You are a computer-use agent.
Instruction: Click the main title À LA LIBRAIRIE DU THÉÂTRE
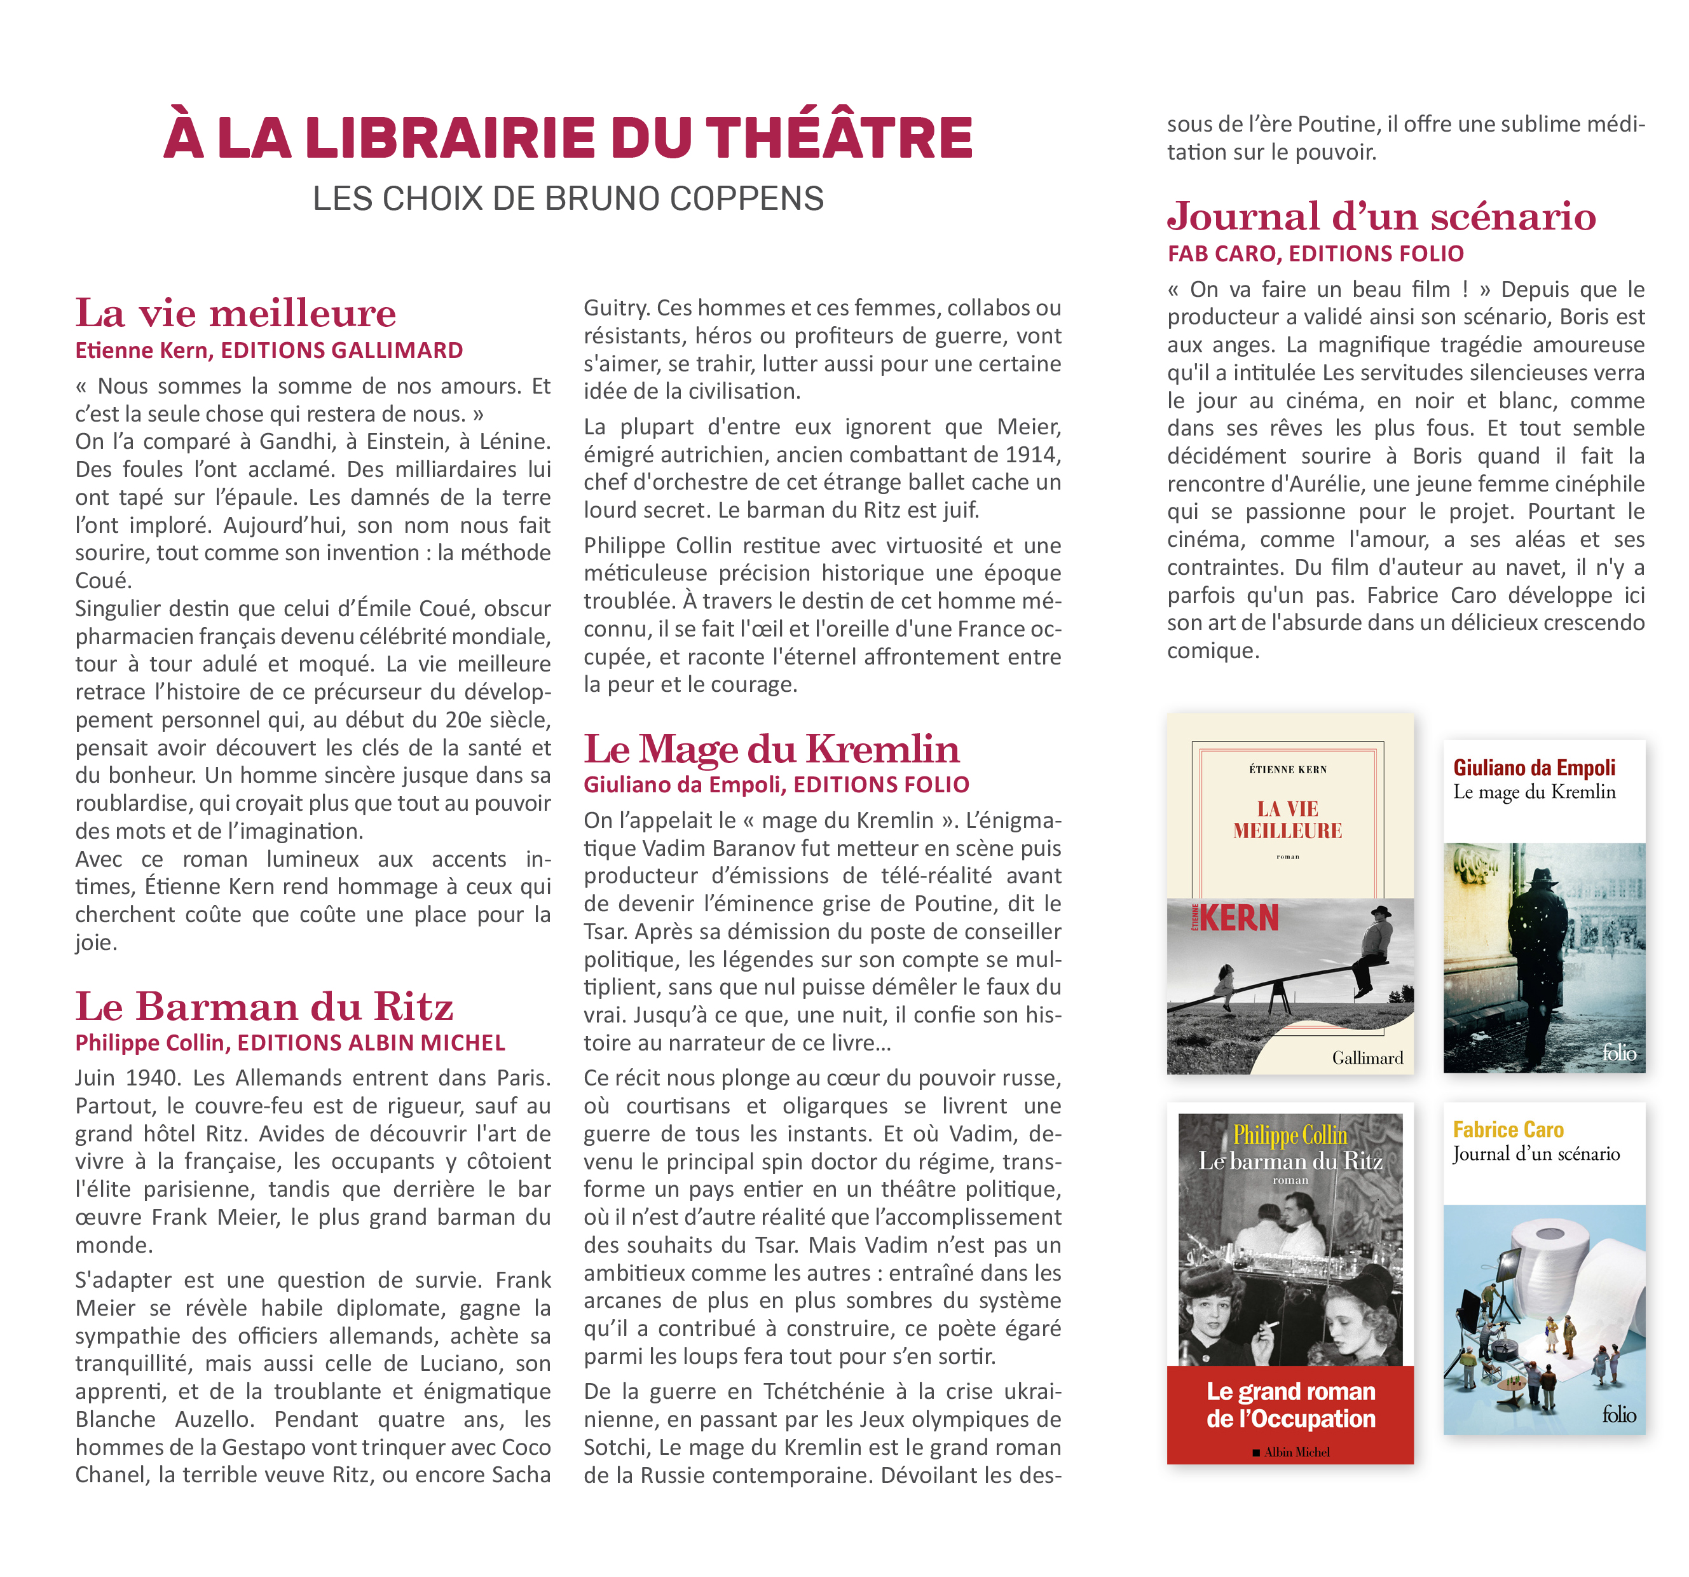[x=568, y=137]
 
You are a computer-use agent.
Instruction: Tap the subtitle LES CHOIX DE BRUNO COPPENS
[x=568, y=199]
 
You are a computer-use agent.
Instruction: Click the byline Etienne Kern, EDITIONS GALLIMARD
[x=268, y=350]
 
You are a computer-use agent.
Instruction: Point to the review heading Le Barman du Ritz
[x=264, y=1007]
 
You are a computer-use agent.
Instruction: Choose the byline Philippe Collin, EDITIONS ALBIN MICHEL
[x=290, y=1043]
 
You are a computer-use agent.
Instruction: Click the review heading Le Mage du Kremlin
[x=772, y=750]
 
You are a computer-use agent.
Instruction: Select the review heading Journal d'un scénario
[x=1381, y=217]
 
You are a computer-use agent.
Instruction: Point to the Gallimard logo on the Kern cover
[x=1367, y=1058]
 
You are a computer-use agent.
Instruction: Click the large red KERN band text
[x=1238, y=918]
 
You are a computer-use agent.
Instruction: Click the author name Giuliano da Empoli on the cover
[x=1533, y=768]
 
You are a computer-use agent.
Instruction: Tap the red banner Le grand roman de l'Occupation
[x=1290, y=1405]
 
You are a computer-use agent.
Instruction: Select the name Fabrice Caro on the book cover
[x=1508, y=1129]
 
